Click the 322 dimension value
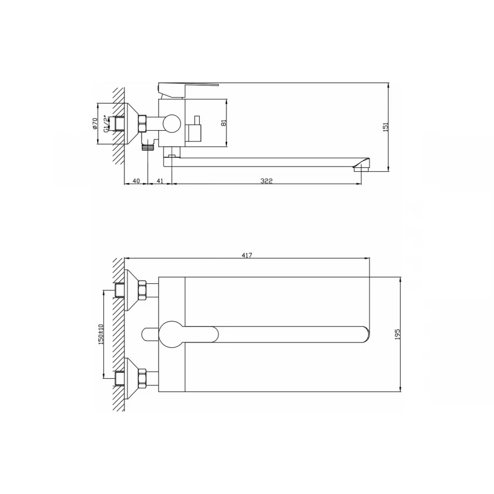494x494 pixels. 267,181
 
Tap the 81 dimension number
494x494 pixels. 223,123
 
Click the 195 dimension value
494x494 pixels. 397,334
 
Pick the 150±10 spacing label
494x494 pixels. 100,334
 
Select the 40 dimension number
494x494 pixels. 136,181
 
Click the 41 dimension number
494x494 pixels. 160,181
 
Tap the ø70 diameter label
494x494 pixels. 94,123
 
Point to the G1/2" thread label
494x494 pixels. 105,123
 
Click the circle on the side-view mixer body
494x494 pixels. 173,124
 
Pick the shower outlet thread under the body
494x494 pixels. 147,147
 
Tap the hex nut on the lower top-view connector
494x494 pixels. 142,378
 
